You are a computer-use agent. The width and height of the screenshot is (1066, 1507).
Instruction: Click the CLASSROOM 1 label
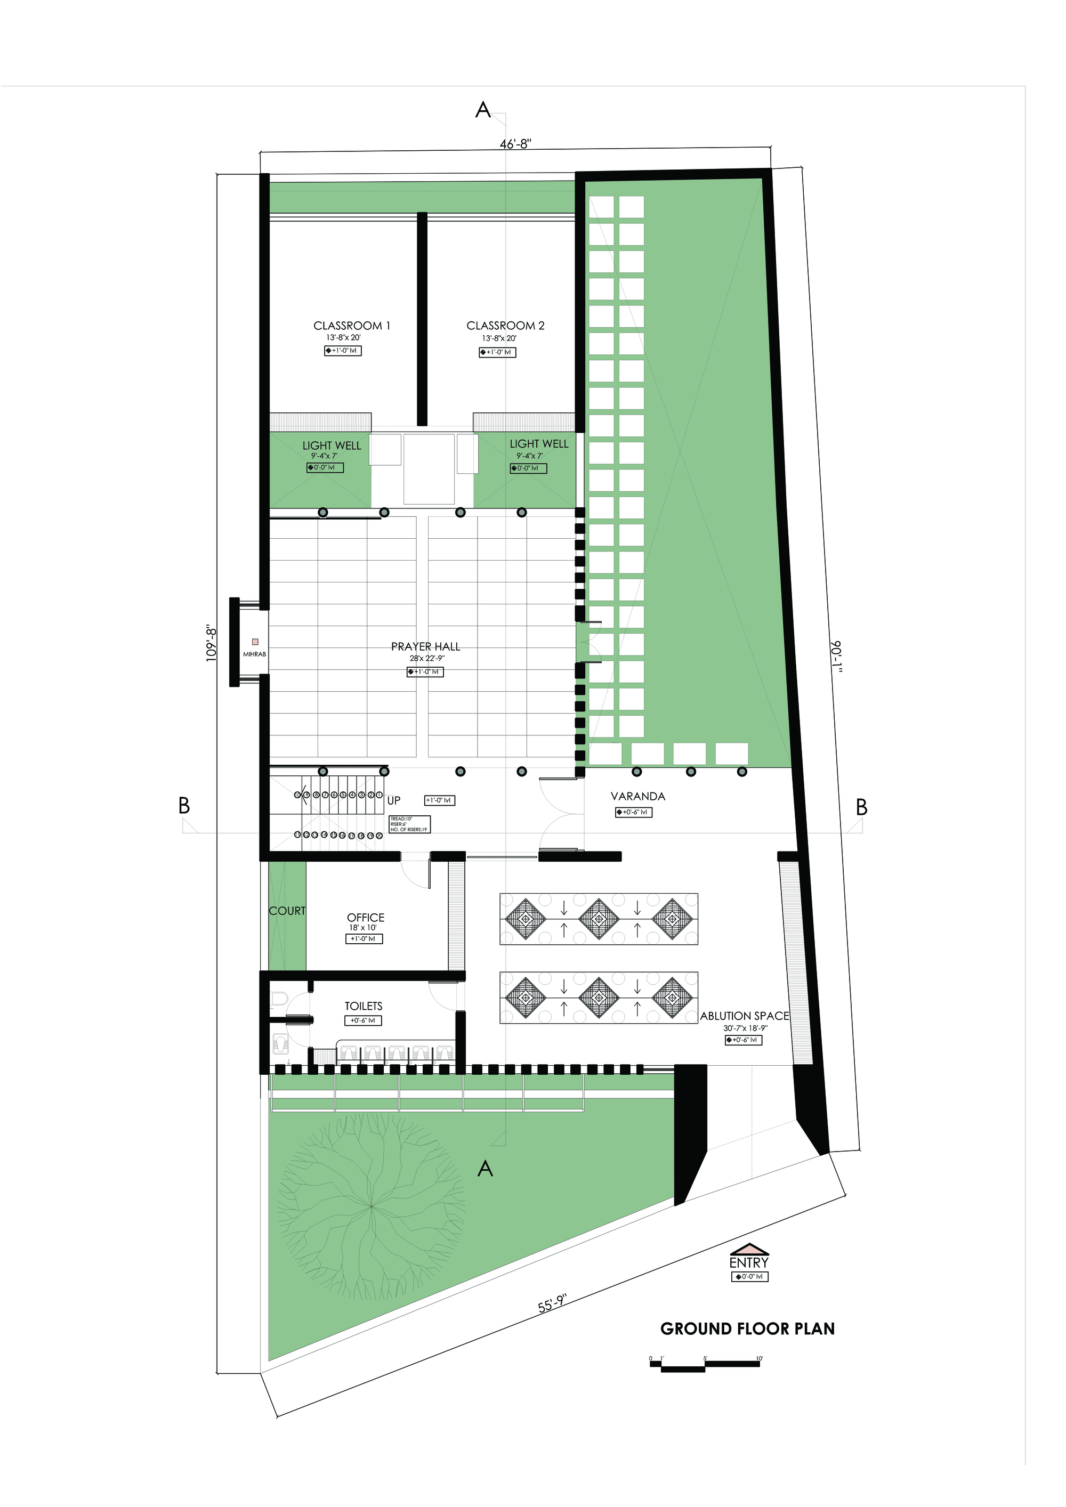click(x=352, y=326)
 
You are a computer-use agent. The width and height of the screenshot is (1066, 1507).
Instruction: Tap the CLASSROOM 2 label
click(x=505, y=326)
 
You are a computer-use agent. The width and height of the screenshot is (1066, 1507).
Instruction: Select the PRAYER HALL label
click(x=425, y=646)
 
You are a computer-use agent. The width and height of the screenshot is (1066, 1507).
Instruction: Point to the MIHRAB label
click(x=255, y=654)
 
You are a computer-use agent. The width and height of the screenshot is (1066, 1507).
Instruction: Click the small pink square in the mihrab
click(x=255, y=642)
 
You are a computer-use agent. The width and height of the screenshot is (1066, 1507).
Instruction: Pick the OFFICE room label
click(x=366, y=918)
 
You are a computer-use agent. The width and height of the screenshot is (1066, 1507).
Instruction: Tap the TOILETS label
click(x=364, y=1006)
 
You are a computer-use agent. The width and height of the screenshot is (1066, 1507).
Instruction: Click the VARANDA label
click(x=638, y=796)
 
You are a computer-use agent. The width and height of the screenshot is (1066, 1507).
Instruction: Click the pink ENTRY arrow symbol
click(x=749, y=1249)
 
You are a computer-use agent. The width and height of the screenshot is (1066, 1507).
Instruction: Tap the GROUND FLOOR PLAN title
click(x=748, y=1329)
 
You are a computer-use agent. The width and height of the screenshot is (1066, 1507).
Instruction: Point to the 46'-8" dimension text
click(x=515, y=144)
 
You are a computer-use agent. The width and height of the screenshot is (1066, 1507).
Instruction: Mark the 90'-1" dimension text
click(x=836, y=657)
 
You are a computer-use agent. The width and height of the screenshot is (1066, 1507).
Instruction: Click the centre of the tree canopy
click(x=371, y=1206)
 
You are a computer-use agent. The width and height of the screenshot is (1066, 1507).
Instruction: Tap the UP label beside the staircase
click(x=394, y=801)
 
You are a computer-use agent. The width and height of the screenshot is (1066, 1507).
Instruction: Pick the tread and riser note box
click(x=409, y=824)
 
